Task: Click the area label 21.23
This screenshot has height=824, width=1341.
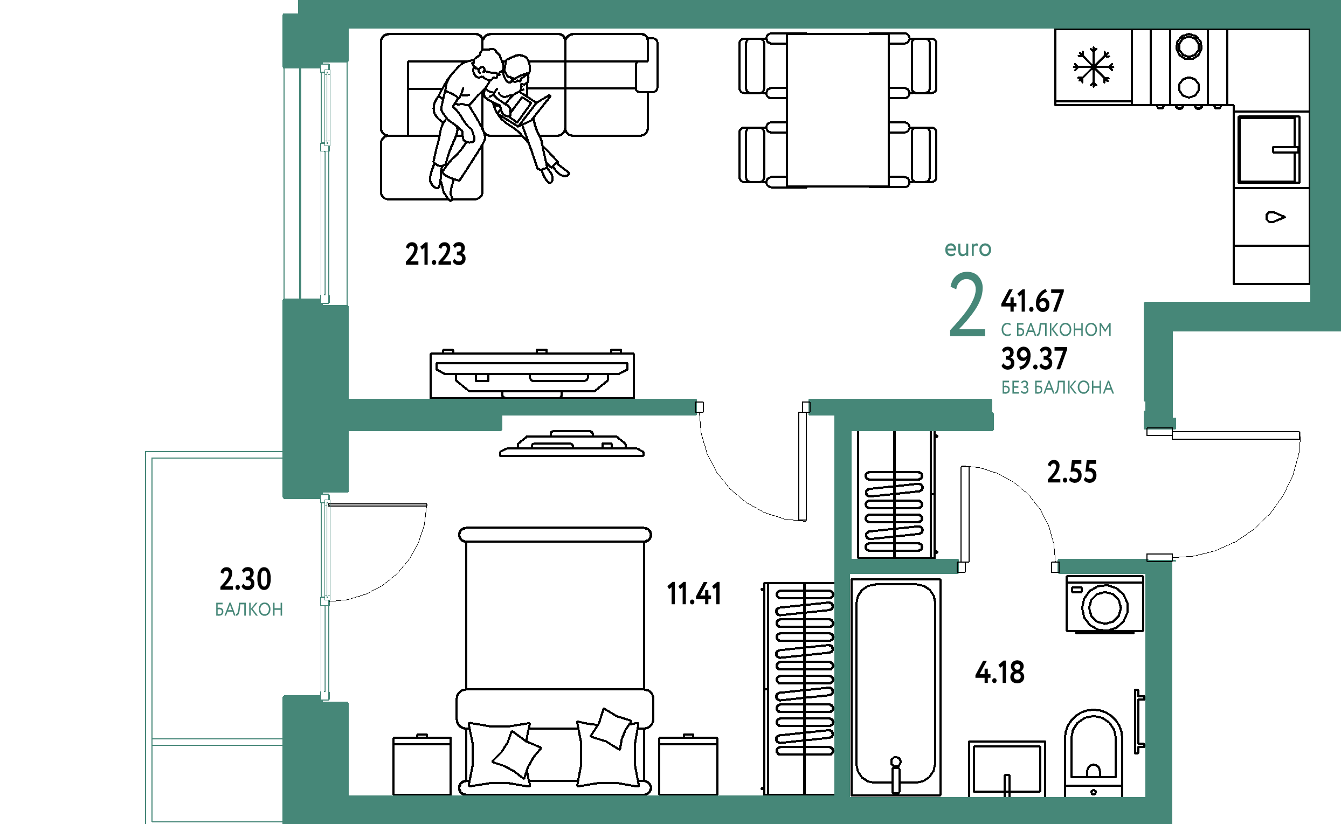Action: coord(436,254)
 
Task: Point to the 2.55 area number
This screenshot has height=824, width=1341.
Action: coord(1072,472)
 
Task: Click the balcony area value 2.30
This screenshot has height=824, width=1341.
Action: coord(245,579)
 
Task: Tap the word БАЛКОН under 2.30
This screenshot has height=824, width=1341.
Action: coord(249,610)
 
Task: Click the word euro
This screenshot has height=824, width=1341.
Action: coord(967,248)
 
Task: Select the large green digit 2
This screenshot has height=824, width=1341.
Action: coord(967,306)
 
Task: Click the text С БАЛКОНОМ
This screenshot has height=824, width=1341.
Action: coord(1056,330)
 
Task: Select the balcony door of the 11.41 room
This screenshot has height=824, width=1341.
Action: coord(326,597)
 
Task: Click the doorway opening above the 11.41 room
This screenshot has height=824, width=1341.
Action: coord(752,407)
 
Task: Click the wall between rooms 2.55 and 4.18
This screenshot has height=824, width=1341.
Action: coord(904,567)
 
